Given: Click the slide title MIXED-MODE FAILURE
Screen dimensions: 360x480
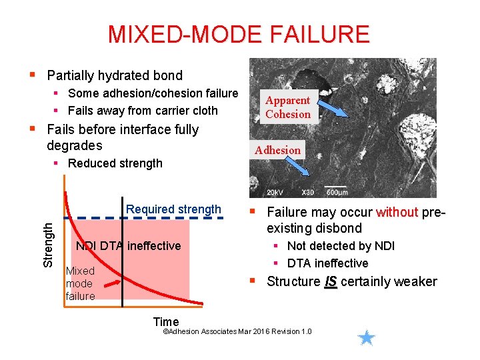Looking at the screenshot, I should coord(239,34).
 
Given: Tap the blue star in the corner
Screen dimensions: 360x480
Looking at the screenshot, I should coord(366,338).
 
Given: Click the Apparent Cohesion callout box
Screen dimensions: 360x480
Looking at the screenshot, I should coord(288,107).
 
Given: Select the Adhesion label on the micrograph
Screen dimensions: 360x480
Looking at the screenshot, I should coord(277,150).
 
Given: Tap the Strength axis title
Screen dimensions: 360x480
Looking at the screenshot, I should coord(48,245).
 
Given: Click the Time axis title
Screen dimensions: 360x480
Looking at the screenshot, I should coord(166,322).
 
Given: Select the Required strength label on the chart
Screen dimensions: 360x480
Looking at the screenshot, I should coord(173,209).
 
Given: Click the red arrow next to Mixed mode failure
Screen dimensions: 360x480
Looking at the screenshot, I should coord(109,284).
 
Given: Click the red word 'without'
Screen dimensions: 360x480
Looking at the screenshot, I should coord(397,213).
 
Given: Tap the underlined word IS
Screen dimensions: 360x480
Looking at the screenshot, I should coord(330,281).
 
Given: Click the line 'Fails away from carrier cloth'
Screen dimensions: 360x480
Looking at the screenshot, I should coord(143,111).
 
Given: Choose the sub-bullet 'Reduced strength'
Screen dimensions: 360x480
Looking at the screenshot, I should coord(115,163).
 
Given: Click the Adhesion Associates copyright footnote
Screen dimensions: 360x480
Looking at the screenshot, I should coord(237,331).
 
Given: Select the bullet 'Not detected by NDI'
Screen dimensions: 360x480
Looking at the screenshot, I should coord(341,246).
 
